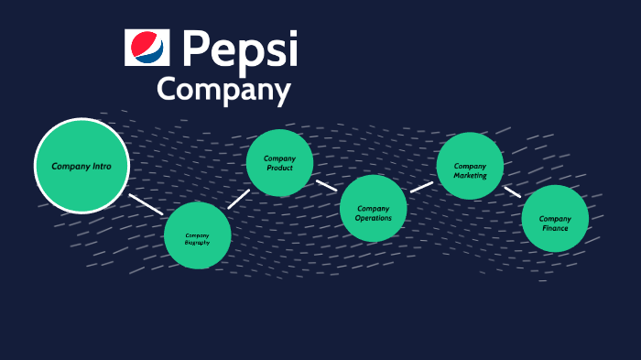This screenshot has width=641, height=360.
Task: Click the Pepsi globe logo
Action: [147, 48]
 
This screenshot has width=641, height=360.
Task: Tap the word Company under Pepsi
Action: [223, 91]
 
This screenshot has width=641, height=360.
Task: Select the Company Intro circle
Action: [81, 166]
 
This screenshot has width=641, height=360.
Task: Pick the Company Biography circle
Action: [197, 235]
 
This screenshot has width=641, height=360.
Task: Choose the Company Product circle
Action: [279, 163]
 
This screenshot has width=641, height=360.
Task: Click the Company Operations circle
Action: [373, 209]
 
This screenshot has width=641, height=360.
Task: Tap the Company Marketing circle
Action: [470, 166]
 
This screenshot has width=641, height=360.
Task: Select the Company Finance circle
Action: [555, 219]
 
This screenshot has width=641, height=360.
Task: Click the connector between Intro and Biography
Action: [146, 203]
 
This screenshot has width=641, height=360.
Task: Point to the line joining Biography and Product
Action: [238, 198]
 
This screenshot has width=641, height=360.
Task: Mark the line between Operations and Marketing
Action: [421, 186]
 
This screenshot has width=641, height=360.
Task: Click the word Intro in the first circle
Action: [102, 167]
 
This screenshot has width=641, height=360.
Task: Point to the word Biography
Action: [197, 243]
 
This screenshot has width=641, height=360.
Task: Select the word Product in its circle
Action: [279, 169]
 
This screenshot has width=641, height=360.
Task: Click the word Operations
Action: [373, 218]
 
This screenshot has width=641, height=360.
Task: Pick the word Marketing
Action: [470, 175]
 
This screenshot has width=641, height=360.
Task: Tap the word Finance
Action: [555, 228]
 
